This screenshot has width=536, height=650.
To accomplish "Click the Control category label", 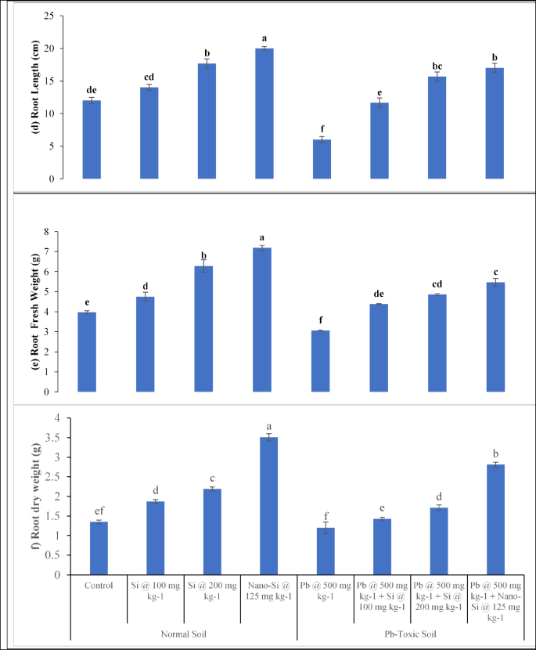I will pyautogui.click(x=99, y=584).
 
